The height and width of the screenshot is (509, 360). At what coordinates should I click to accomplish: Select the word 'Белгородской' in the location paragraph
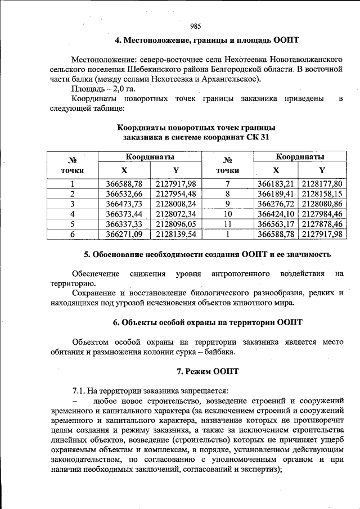coord(241,69)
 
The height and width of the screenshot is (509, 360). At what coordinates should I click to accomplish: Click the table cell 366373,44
coord(124,214)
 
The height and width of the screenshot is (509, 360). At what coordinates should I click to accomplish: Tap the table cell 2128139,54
coord(176,234)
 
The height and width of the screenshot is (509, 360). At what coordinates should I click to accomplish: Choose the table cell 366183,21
coord(276,183)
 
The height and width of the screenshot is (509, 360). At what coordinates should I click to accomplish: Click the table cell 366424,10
coord(276,214)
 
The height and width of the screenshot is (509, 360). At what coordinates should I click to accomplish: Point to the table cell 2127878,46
coord(322,224)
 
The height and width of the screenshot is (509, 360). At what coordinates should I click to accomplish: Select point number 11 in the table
coord(227,224)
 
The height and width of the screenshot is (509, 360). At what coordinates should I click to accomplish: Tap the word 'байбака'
coord(218,352)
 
